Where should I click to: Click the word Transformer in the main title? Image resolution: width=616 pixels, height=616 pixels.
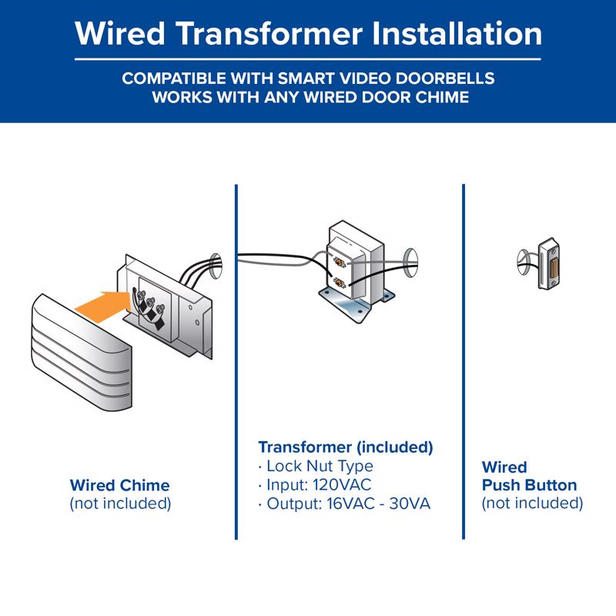pos(269,33)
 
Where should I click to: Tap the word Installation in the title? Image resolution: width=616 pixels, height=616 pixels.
pos(457,33)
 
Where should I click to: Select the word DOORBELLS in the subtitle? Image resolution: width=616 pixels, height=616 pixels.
pos(445,79)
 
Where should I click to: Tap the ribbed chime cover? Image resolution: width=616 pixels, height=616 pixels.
pos(82,353)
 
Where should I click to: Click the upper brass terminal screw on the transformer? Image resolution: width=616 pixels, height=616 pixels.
pos(339,261)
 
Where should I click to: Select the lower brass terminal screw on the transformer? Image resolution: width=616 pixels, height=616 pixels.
pos(339,282)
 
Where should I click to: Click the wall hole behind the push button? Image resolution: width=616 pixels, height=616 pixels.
pos(524,263)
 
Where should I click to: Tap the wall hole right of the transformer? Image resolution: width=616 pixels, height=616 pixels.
pos(410,263)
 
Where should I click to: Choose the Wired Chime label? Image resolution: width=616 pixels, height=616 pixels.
pos(120,486)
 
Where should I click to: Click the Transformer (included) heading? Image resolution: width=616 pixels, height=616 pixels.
pos(346,447)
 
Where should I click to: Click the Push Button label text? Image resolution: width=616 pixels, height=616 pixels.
pos(529,486)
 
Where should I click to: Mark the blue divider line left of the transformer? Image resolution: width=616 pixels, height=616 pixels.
pos(236,362)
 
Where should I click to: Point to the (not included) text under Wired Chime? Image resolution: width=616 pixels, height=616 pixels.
pos(120,504)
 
